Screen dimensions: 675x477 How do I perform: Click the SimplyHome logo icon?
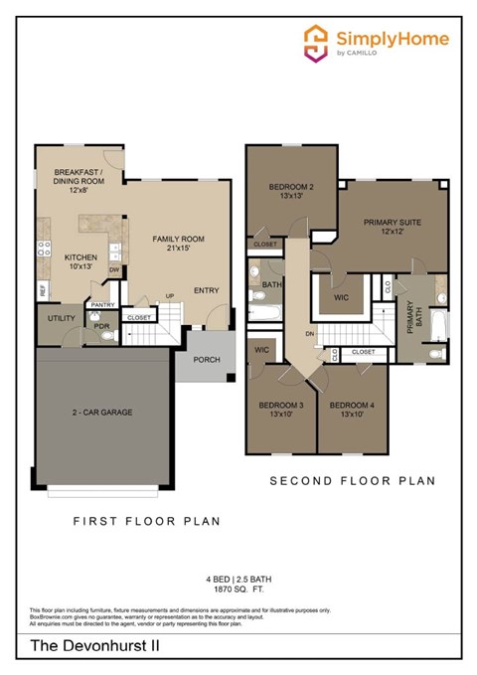coord(316,43)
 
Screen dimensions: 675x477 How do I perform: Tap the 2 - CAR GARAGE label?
coord(101,412)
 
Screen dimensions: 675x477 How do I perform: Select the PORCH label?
coord(206,360)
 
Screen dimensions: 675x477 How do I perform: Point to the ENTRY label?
coord(206,290)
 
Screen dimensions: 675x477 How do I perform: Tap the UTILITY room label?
coord(55,319)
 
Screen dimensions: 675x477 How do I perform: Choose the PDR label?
coord(100,326)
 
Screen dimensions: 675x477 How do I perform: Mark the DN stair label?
coord(310,334)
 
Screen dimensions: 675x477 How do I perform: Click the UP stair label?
coord(169,296)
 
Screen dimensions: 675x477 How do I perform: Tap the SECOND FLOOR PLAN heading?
coord(353,481)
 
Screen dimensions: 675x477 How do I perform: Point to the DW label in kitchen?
coord(114,269)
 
